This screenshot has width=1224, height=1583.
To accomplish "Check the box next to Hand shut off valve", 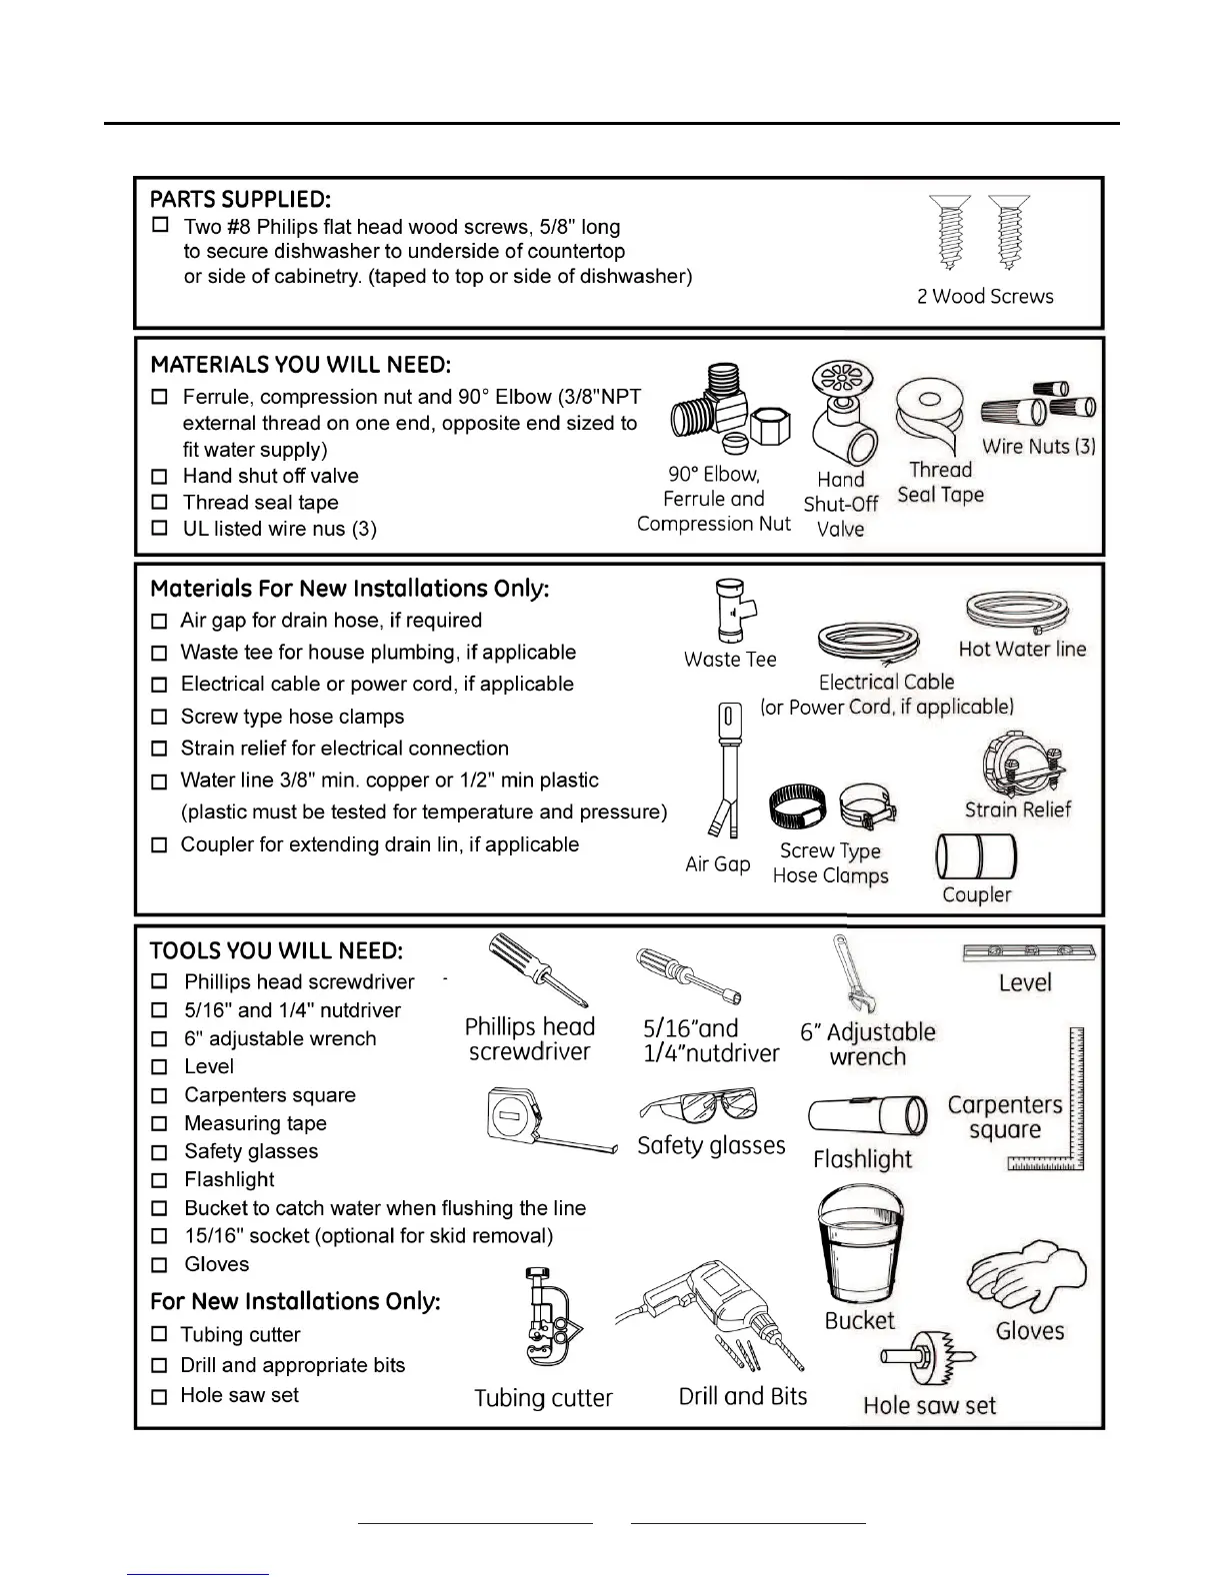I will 159,477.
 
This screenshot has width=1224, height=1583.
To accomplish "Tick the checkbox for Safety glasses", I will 159,1152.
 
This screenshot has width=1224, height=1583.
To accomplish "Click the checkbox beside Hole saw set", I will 159,1396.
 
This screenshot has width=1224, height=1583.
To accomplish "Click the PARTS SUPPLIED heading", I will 240,199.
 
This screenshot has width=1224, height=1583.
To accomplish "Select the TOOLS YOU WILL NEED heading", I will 276,950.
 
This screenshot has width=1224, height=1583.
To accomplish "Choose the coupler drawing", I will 976,856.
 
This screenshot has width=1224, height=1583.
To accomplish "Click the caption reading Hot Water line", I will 1022,650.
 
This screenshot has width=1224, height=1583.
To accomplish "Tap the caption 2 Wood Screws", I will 985,297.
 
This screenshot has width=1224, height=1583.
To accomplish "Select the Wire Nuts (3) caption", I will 1038,447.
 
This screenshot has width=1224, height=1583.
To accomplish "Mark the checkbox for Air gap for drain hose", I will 159,622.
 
